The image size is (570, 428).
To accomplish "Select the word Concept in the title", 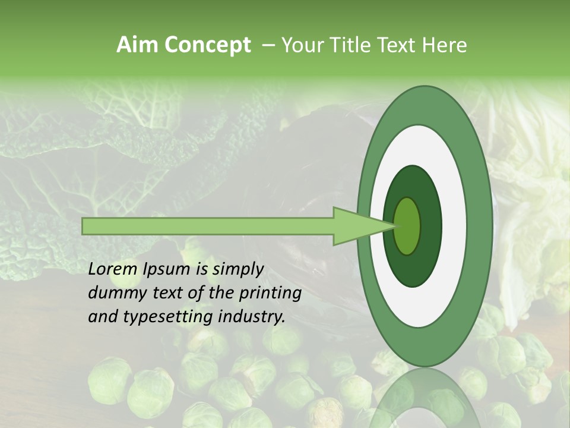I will coord(207,45).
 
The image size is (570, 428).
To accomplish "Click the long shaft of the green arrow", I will coord(208,226).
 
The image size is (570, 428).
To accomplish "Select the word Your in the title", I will coord(300,45).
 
